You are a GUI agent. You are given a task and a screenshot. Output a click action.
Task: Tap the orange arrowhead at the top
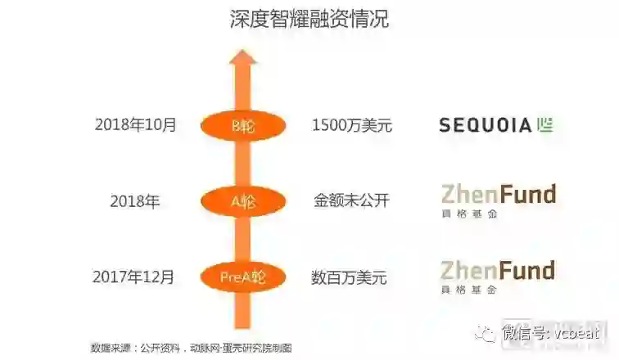click(x=242, y=61)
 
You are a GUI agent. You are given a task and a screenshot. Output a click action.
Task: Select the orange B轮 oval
click(x=242, y=125)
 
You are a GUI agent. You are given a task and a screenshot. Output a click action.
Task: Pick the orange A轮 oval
click(x=242, y=200)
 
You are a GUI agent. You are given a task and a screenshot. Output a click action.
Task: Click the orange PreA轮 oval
click(x=242, y=277)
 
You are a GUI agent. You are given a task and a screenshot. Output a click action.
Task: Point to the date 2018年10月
click(x=135, y=125)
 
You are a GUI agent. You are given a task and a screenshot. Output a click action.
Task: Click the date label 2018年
click(x=135, y=200)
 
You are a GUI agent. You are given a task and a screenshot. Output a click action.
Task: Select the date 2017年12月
click(x=135, y=277)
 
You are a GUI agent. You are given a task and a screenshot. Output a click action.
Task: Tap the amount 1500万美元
click(x=352, y=125)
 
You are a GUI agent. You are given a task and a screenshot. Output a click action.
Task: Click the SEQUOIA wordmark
click(x=485, y=125)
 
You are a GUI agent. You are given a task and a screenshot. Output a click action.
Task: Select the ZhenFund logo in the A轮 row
click(x=498, y=194)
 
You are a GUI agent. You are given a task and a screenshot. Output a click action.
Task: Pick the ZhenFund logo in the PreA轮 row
click(x=498, y=270)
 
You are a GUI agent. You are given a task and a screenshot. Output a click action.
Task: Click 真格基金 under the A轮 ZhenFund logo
click(x=469, y=214)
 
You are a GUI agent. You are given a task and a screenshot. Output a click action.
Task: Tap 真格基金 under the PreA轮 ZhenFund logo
click(x=469, y=290)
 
